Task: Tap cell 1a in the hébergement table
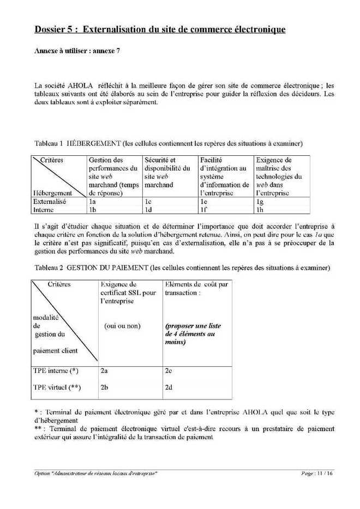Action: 92,201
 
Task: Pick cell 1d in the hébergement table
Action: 148,209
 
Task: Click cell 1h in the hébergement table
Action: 260,209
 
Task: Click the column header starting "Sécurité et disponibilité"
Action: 166,172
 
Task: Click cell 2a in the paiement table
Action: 104,371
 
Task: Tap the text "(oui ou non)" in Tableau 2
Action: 122,326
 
